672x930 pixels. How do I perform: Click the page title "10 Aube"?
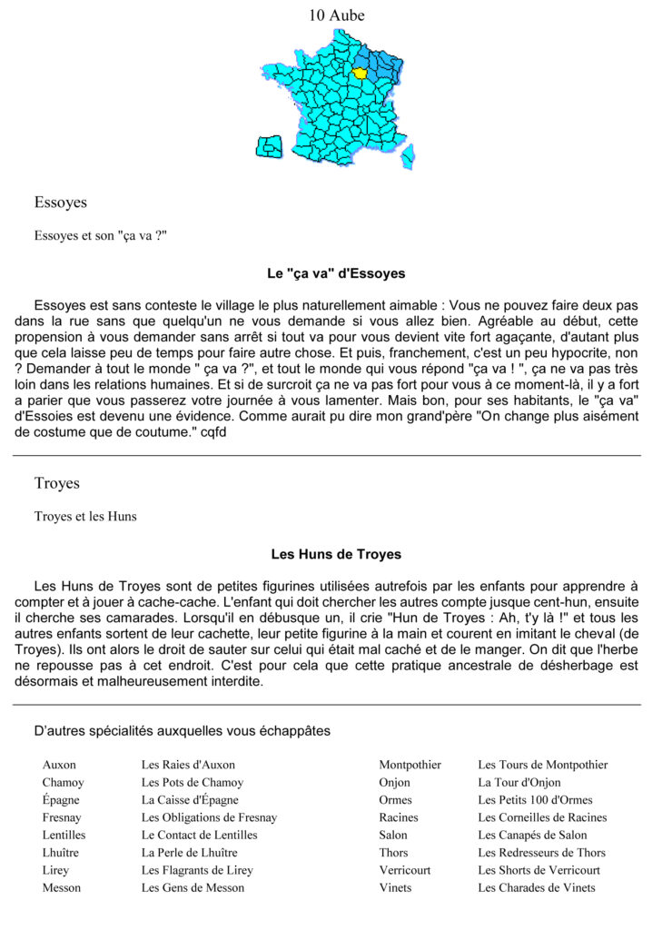tap(336, 15)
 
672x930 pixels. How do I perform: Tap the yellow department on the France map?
tap(361, 73)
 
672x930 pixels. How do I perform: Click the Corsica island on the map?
tap(408, 155)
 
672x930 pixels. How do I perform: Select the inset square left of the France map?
tap(269, 147)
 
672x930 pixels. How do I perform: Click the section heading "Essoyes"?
tap(60, 203)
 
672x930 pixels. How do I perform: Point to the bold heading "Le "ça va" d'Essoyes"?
tap(336, 273)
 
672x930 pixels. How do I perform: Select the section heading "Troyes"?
tap(57, 483)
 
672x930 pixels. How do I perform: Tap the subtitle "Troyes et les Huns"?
tap(85, 517)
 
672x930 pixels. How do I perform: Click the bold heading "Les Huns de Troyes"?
tap(336, 554)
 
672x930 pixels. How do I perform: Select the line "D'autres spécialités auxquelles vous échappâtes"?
tap(182, 730)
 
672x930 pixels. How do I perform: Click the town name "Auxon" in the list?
tap(59, 765)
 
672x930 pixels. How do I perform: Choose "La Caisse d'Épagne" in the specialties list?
tap(190, 800)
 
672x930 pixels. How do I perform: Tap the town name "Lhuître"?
tap(61, 853)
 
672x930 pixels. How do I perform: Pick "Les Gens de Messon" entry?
tap(193, 887)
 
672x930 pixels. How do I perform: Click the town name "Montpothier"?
tap(410, 765)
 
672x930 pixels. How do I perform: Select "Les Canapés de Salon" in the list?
tap(532, 835)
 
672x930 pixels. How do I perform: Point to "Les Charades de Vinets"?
tap(537, 887)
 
